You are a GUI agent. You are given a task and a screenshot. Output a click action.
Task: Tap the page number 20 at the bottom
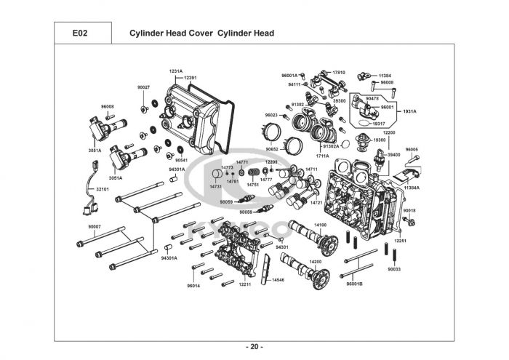tap(254, 345)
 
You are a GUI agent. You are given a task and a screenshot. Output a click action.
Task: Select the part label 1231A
tap(176, 71)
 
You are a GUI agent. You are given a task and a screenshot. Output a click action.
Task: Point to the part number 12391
tap(191, 77)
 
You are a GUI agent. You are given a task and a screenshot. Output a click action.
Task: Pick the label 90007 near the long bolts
tap(95, 227)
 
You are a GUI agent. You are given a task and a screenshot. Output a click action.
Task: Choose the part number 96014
tap(193, 286)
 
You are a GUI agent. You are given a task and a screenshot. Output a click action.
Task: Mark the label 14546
tap(278, 280)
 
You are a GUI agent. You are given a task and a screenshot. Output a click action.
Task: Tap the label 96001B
tap(354, 282)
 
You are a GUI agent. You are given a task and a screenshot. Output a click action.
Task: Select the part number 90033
tap(394, 269)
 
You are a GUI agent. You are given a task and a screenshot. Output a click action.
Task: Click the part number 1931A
tap(409, 111)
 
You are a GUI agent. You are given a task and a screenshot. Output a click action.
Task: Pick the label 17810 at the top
tap(339, 73)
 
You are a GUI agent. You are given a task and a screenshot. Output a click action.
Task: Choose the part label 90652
tap(272, 148)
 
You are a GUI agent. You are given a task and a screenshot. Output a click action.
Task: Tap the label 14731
tap(216, 186)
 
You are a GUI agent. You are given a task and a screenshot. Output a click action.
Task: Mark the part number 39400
tap(393, 155)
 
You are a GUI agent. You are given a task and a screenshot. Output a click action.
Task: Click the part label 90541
tap(181, 159)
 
